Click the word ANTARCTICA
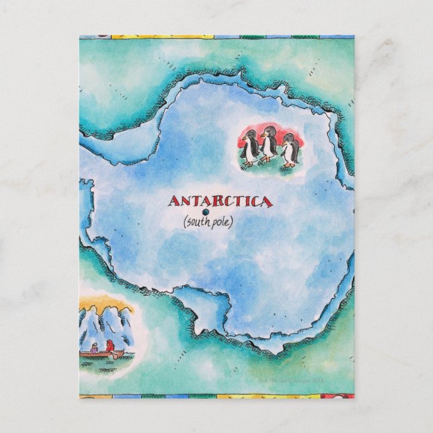219,201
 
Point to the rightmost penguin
289,151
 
